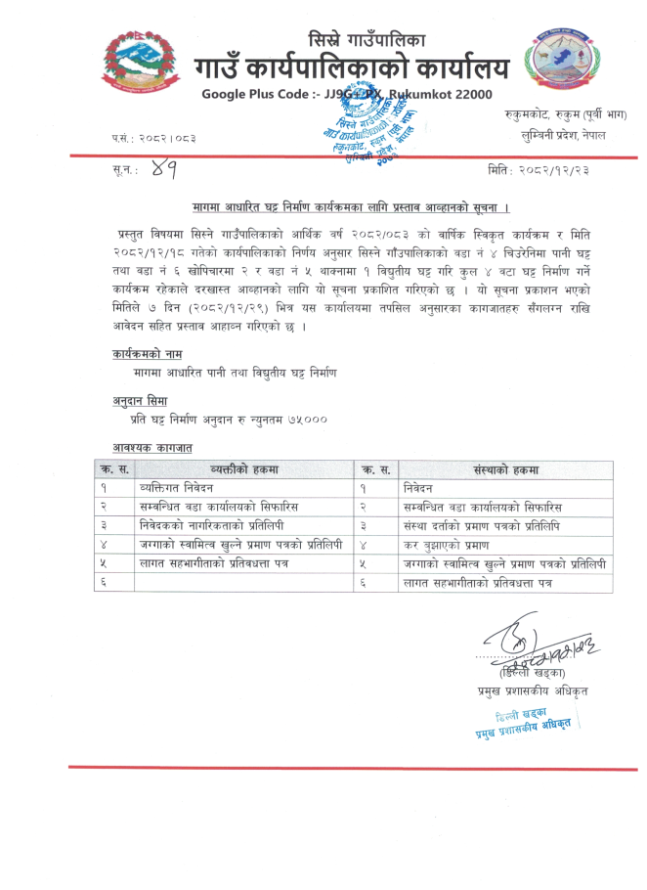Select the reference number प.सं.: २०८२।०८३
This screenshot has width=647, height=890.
pos(152,138)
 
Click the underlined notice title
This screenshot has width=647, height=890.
pos(351,208)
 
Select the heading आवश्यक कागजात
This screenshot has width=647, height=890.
pos(151,447)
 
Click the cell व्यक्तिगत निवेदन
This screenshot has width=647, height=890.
pos(176,487)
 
